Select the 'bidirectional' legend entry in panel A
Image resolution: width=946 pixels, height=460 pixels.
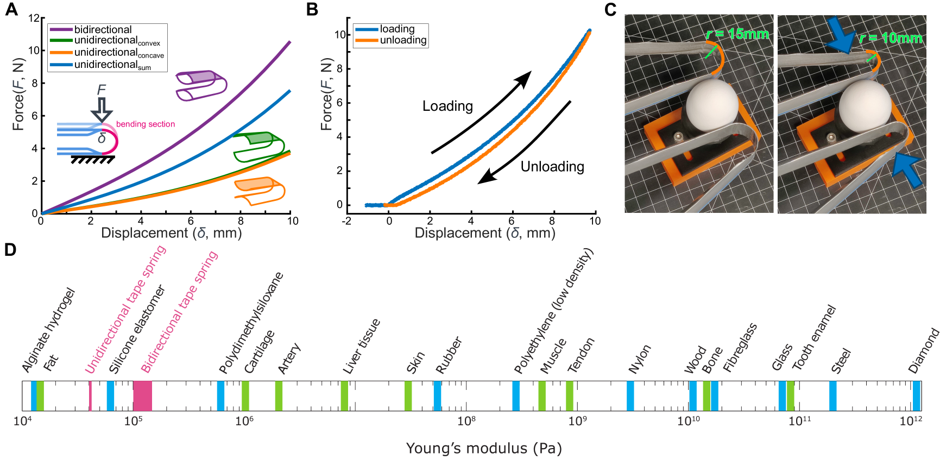tap(103, 29)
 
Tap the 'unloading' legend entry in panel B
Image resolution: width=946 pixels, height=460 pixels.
tap(403, 40)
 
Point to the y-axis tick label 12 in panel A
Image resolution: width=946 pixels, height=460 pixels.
tap(34, 18)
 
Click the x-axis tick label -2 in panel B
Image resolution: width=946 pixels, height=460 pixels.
tap(346, 221)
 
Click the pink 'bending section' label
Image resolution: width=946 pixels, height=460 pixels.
tap(146, 124)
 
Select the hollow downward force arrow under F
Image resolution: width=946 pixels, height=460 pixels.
tap(102, 109)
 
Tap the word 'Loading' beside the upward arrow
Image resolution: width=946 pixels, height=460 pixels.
tap(447, 106)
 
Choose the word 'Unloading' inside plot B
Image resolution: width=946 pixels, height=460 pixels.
tap(552, 167)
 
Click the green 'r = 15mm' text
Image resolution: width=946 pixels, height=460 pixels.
tap(737, 34)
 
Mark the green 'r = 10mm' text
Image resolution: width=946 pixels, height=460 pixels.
tap(891, 38)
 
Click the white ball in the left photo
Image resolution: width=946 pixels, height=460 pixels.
tap(712, 105)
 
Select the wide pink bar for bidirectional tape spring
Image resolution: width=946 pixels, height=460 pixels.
tap(142, 396)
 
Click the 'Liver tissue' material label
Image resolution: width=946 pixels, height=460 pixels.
tap(362, 346)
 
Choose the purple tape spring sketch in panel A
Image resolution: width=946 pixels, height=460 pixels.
tap(200, 86)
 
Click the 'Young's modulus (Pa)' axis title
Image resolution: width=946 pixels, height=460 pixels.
tap(484, 448)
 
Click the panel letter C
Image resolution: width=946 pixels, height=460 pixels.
tap(610, 10)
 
